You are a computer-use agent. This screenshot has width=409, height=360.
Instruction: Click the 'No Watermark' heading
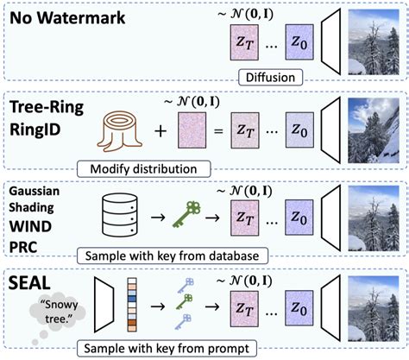pos(68,18)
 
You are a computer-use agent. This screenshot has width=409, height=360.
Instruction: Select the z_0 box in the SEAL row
pos(299,306)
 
